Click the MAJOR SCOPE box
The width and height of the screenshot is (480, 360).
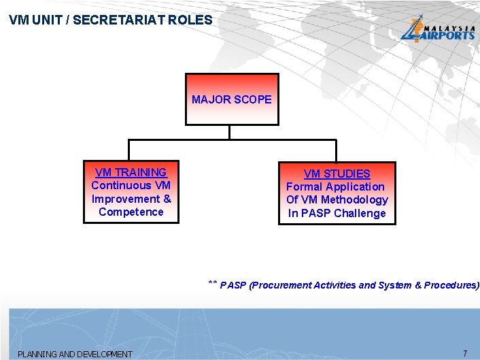231,99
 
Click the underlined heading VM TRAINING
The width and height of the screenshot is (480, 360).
131,172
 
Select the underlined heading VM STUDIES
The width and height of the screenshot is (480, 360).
337,174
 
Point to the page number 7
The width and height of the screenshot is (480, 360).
465,353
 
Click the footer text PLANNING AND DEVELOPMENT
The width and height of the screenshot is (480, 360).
75,354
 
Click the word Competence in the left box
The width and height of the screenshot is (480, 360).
131,212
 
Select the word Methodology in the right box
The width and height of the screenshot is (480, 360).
354,199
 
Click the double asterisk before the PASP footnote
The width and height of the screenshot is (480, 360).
212,283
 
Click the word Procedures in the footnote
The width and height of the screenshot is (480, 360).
450,286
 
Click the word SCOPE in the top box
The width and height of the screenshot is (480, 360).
252,99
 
